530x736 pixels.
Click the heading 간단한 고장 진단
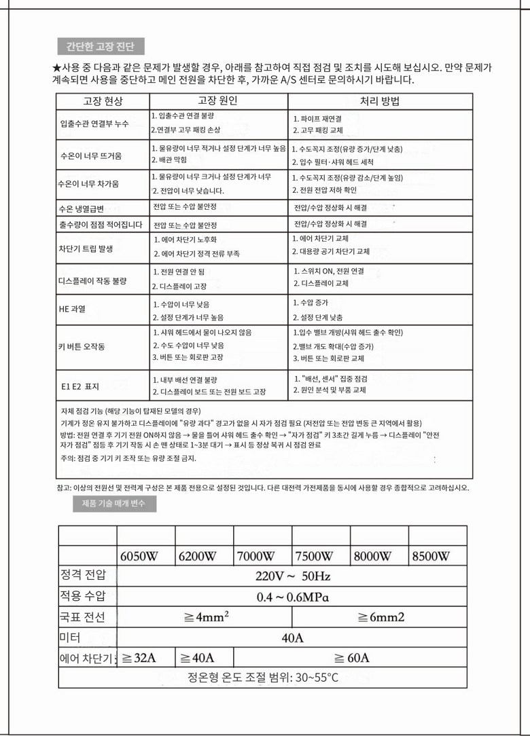[100, 47]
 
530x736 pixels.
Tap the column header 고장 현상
[103, 101]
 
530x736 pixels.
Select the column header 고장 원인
[217, 100]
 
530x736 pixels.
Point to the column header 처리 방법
[379, 101]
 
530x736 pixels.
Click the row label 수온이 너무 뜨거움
[91, 155]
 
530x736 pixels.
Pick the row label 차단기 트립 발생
[86, 249]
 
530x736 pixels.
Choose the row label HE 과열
[72, 309]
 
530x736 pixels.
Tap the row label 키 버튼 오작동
[82, 347]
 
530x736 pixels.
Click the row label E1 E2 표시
[80, 386]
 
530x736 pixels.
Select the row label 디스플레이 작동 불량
[93, 280]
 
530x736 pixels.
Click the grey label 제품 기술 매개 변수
[113, 504]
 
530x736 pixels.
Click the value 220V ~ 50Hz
[293, 577]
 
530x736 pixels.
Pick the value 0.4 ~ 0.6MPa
[293, 597]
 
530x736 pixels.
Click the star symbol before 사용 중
[56, 69]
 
